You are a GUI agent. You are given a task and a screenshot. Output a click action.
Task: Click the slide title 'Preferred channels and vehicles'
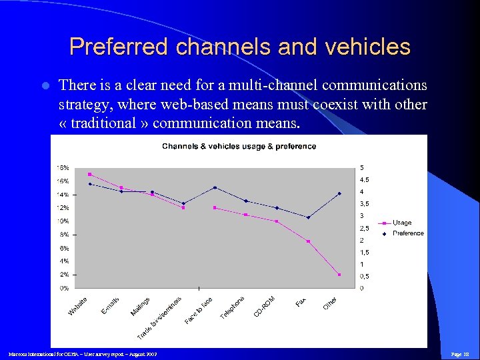(240, 47)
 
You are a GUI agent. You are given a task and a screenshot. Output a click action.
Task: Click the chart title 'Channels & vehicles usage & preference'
(239, 146)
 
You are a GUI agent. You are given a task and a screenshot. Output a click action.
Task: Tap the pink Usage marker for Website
(89, 174)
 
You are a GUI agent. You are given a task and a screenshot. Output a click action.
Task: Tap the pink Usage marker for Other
(339, 275)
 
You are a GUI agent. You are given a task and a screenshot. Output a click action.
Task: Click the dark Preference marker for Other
(339, 193)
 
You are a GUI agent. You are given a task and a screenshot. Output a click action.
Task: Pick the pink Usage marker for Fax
(308, 241)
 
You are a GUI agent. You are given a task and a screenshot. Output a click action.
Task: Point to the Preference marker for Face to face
(215, 187)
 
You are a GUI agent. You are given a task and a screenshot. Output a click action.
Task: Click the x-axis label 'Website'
(78, 306)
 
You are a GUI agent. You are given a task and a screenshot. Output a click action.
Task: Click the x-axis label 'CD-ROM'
(265, 306)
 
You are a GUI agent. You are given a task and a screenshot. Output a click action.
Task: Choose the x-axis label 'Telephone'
(233, 307)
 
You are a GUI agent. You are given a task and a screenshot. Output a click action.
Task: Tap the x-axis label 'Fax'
(301, 303)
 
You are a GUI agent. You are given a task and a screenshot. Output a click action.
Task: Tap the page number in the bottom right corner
(461, 354)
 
